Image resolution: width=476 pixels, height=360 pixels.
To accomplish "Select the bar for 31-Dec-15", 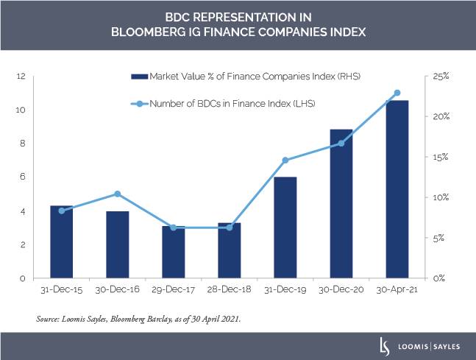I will coord(62,242).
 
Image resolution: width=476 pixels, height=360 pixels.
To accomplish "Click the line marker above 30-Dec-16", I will coord(118,194).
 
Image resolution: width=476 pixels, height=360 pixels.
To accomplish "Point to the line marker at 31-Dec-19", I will coord(285,160).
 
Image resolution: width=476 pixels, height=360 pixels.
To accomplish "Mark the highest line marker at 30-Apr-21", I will coord(397,93).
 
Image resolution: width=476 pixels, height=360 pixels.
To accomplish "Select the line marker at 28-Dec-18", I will coord(230,227).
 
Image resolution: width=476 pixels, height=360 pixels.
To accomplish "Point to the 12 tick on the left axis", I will coord(22,76).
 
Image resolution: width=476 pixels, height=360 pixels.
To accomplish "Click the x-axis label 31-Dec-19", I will coord(285,290).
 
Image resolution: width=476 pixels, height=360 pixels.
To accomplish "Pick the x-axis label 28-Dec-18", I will coord(230,290).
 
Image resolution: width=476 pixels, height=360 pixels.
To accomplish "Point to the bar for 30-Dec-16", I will coord(118,244).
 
